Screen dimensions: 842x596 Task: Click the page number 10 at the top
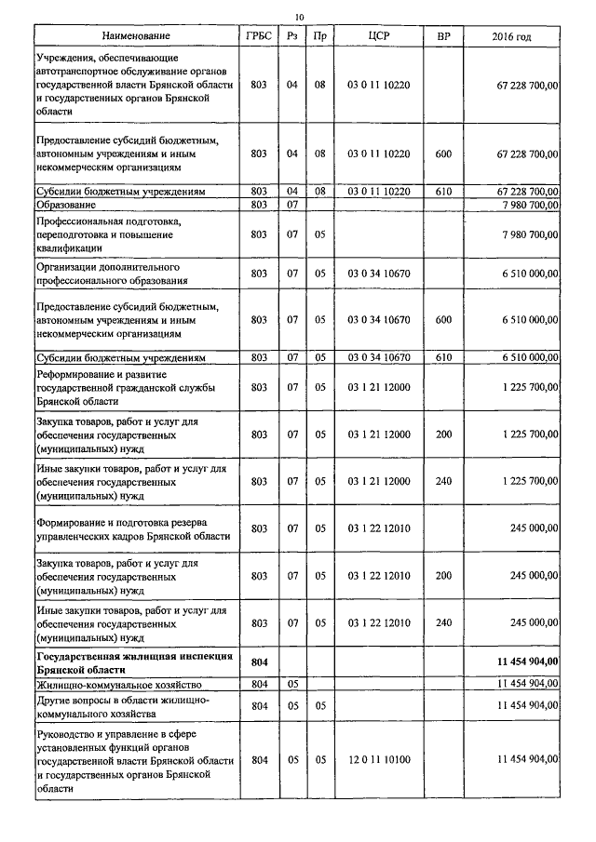click(299, 16)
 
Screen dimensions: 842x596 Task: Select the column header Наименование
click(137, 36)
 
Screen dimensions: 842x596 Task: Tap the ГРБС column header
click(259, 36)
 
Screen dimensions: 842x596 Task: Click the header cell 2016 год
click(511, 36)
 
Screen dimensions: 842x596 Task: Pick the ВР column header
click(443, 36)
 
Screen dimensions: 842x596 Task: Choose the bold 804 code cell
click(260, 662)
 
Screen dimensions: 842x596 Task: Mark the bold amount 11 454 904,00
click(528, 662)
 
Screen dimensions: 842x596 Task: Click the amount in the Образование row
click(530, 203)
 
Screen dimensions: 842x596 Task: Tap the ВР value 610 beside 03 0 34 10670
click(443, 357)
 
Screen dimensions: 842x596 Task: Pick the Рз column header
click(291, 36)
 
